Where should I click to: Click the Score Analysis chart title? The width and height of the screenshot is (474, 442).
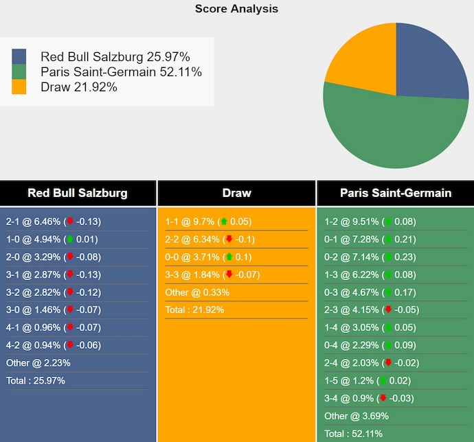236,9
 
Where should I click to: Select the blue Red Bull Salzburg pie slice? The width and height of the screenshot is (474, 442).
429,62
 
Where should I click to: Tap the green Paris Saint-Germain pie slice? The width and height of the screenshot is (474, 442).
392,130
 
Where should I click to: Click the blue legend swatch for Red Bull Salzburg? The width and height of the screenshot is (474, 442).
19,56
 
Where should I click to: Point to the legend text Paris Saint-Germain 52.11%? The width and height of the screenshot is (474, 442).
121,71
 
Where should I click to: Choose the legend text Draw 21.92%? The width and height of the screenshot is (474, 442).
79,86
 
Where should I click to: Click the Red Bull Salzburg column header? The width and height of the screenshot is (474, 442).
78,193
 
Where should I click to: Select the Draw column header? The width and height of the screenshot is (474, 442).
236,193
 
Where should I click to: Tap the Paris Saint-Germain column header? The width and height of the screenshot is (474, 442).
396,193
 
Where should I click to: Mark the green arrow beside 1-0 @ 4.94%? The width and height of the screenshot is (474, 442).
69,240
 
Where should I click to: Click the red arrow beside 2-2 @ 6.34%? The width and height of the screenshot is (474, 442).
229,240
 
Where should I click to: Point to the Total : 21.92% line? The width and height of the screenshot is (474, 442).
194,310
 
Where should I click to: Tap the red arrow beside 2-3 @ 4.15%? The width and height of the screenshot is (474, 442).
388,310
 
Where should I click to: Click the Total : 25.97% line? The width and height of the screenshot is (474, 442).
36,380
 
